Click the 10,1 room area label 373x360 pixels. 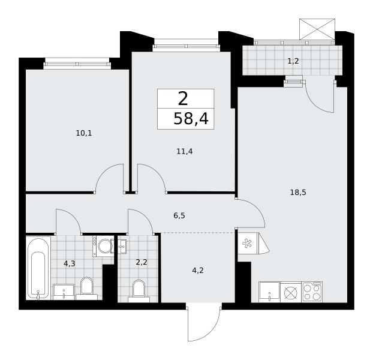pyautogui.click(x=84, y=133)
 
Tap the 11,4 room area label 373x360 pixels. pyautogui.click(x=185, y=151)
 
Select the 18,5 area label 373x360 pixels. pyautogui.click(x=298, y=192)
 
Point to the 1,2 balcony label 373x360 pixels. pyautogui.click(x=293, y=61)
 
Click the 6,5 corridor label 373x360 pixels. pyautogui.click(x=179, y=216)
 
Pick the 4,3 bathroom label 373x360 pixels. pyautogui.click(x=70, y=263)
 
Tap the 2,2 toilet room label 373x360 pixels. pyautogui.click(x=142, y=262)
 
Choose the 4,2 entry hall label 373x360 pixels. pyautogui.click(x=198, y=270)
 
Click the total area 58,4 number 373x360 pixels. pyautogui.click(x=191, y=118)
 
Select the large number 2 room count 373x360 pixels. pyautogui.click(x=183, y=99)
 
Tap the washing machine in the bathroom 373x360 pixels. pyautogui.click(x=103, y=246)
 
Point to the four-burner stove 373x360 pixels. pyautogui.click(x=312, y=292)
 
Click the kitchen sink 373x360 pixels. pyautogui.click(x=269, y=292)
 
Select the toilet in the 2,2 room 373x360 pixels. pyautogui.click(x=139, y=291)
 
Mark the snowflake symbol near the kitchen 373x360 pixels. pyautogui.click(x=245, y=243)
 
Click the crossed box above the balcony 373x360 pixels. pyautogui.click(x=317, y=29)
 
